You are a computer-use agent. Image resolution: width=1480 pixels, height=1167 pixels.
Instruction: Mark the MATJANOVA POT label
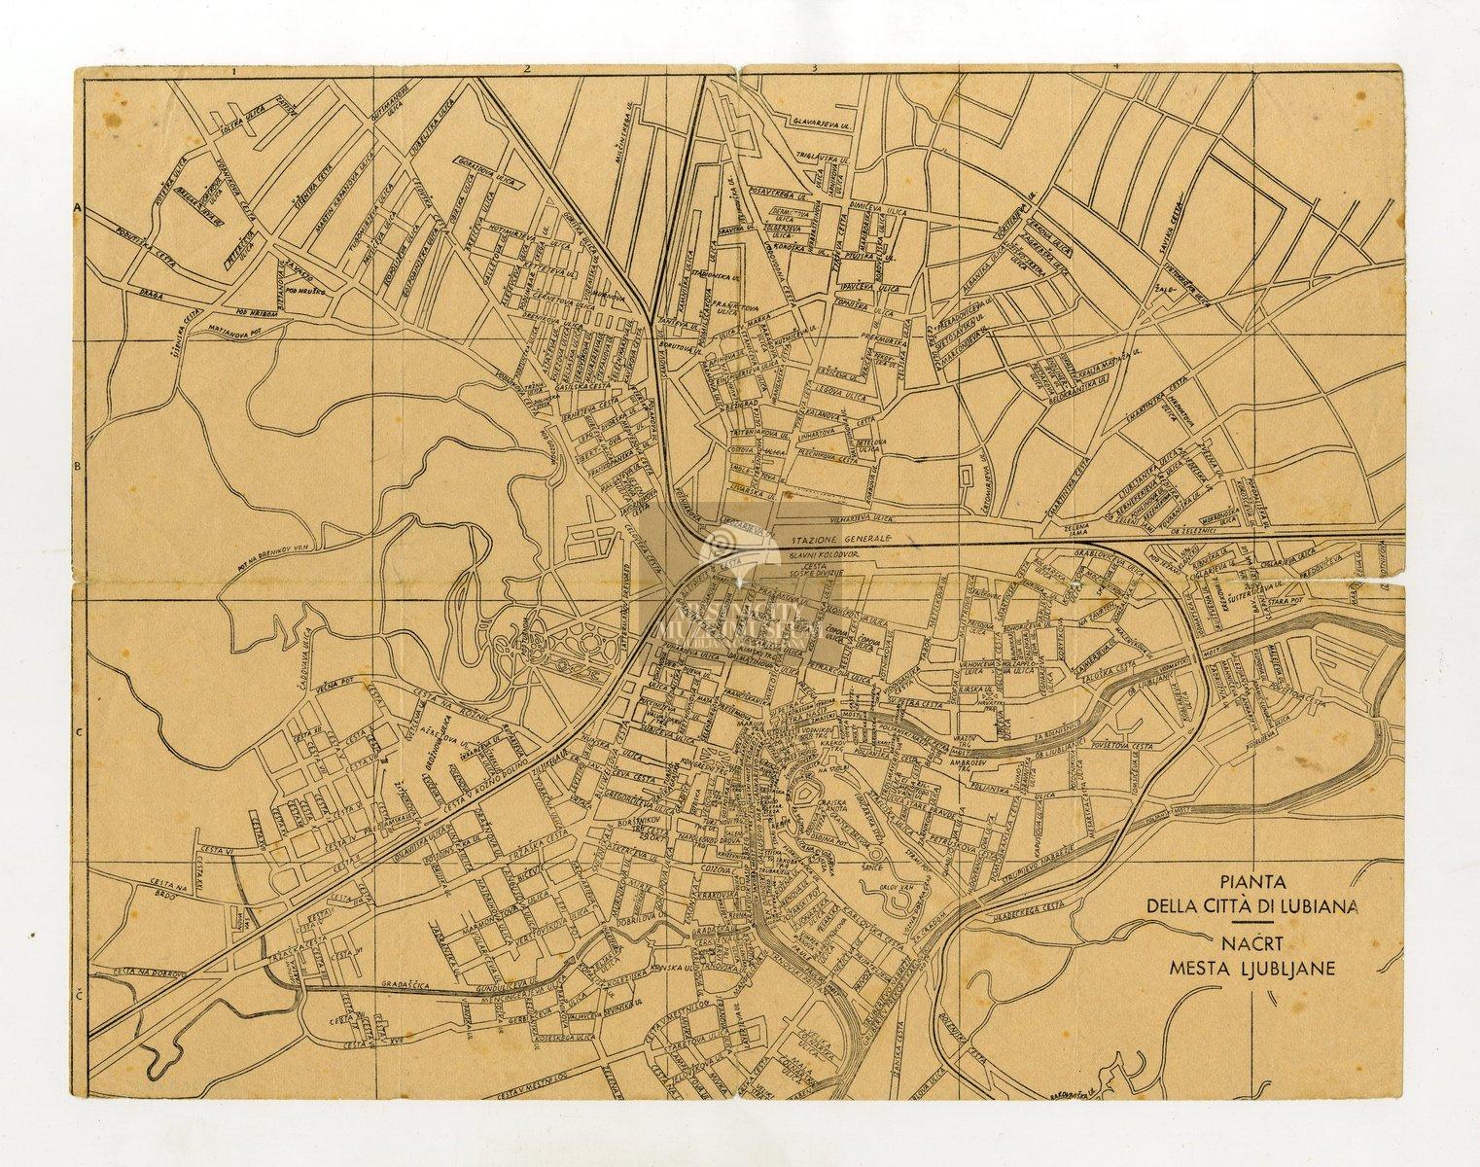click(236, 329)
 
